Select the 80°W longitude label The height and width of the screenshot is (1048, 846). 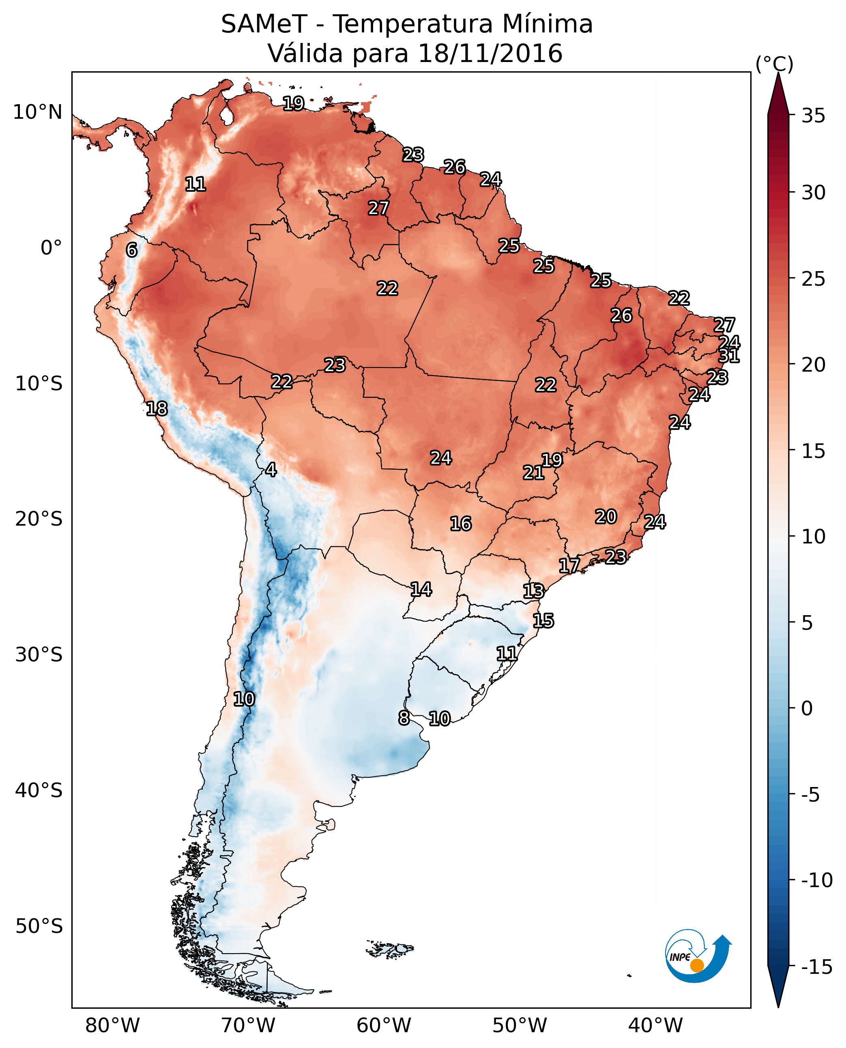pyautogui.click(x=113, y=1025)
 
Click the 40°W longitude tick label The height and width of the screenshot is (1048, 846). pyautogui.click(x=655, y=1025)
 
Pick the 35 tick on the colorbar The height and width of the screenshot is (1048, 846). pyautogui.click(x=813, y=116)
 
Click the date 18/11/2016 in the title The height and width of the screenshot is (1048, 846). pyautogui.click(x=490, y=53)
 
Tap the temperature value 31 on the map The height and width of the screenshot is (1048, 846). pyautogui.click(x=729, y=356)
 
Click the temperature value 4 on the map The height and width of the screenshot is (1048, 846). pyautogui.click(x=271, y=470)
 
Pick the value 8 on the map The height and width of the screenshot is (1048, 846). pyautogui.click(x=404, y=718)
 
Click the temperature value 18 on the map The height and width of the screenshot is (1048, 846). pyautogui.click(x=157, y=409)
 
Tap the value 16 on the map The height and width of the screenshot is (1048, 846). pyautogui.click(x=461, y=524)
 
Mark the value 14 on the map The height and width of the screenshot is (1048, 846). pyautogui.click(x=421, y=590)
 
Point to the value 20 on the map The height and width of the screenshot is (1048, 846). pyautogui.click(x=606, y=517)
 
